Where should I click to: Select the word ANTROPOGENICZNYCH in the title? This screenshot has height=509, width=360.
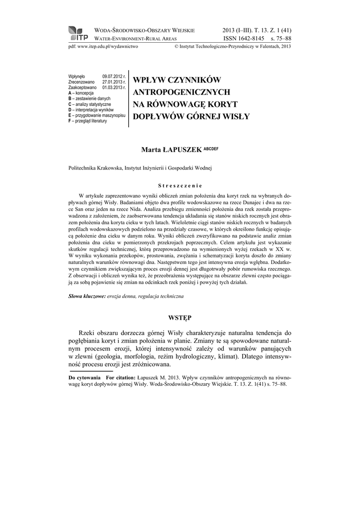pos(181,92)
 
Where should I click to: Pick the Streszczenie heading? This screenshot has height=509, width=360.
pos(180,182)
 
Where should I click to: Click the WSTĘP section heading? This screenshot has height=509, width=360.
pos(180,317)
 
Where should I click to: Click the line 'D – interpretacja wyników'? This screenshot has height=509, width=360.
pos(91,110)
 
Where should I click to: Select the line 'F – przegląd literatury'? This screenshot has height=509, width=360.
pos(88,121)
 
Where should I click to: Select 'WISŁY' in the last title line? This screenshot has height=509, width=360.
pos(234,117)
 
